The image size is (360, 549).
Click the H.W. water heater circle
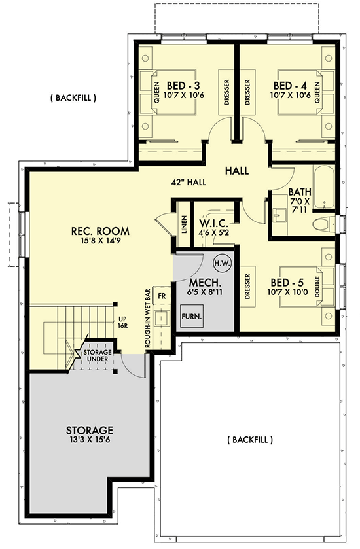pyautogui.click(x=221, y=263)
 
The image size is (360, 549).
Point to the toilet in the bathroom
pyautogui.click(x=323, y=226)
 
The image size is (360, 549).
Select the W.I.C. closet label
pyautogui.click(x=213, y=221)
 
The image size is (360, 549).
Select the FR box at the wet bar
pyautogui.click(x=162, y=296)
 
